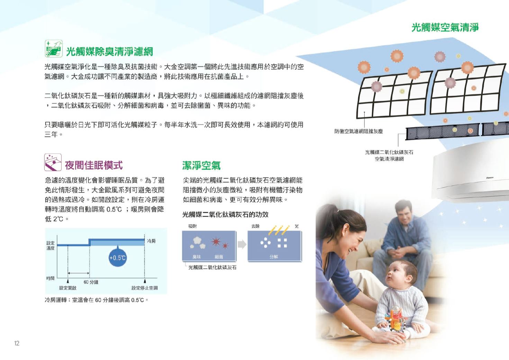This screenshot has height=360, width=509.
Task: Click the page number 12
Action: tap(17, 343)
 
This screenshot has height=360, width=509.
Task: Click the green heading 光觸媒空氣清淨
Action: tap(445, 27)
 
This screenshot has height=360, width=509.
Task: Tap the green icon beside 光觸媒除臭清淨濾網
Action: tap(54, 49)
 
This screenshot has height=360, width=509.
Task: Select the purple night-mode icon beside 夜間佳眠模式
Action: tap(53, 162)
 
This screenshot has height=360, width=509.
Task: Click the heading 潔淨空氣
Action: tap(201, 165)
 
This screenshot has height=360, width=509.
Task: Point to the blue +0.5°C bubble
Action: tap(118, 257)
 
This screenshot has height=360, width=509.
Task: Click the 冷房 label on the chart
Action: tap(151, 241)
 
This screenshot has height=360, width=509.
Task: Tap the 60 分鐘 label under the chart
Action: tap(91, 282)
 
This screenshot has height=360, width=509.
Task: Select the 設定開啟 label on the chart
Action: tap(68, 288)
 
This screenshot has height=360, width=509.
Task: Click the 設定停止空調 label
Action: tap(145, 288)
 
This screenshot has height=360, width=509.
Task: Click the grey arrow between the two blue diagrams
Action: tap(242, 244)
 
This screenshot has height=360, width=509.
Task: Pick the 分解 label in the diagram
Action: tap(274, 257)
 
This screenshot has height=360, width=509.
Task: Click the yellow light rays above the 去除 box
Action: tap(279, 230)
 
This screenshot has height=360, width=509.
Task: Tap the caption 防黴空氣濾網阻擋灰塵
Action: tap(358, 131)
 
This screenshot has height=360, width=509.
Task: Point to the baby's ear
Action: tap(409, 278)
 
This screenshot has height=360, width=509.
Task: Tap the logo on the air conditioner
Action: tap(490, 178)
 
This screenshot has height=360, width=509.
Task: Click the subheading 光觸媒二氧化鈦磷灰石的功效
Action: tap(225, 214)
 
